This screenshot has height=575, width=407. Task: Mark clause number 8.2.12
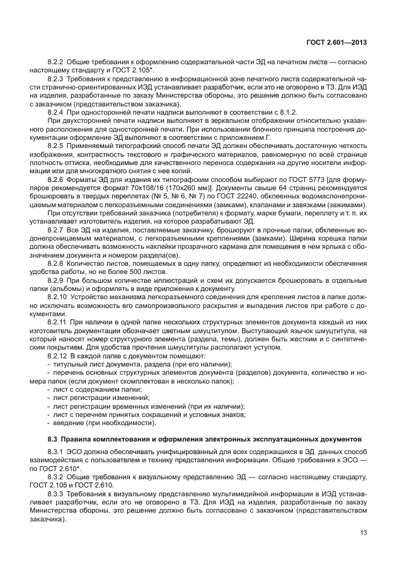coord(59,355)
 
